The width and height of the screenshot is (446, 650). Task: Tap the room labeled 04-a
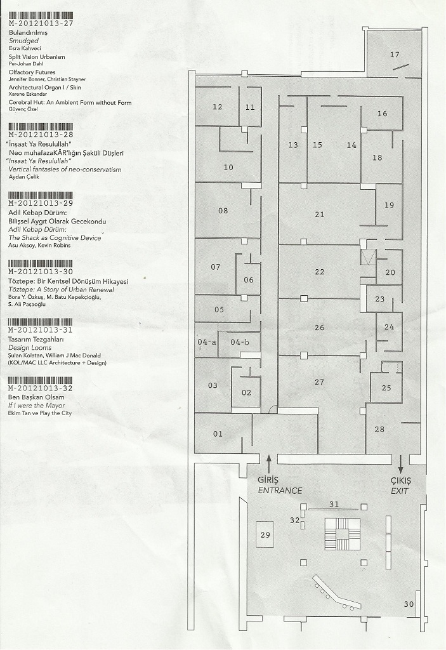[206, 342]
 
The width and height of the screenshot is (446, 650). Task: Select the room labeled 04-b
[240, 342]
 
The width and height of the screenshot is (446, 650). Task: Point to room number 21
[320, 215]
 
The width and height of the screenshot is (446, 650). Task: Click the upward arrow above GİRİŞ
[269, 464]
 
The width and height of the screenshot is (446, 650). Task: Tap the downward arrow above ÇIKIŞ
[400, 464]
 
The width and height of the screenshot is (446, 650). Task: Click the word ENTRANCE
[280, 491]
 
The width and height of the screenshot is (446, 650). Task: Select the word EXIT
[400, 491]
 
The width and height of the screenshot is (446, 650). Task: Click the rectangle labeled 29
[265, 534]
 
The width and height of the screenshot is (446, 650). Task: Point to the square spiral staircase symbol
[343, 533]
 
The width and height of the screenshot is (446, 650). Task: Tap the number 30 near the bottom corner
[409, 604]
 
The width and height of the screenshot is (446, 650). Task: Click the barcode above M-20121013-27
[41, 16]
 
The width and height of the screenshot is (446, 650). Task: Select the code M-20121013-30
[41, 272]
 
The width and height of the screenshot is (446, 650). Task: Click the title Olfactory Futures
[32, 72]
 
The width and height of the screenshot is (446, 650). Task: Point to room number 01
[218, 434]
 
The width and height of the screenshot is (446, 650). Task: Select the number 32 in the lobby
[295, 520]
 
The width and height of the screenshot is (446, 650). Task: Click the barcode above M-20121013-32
[41, 381]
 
